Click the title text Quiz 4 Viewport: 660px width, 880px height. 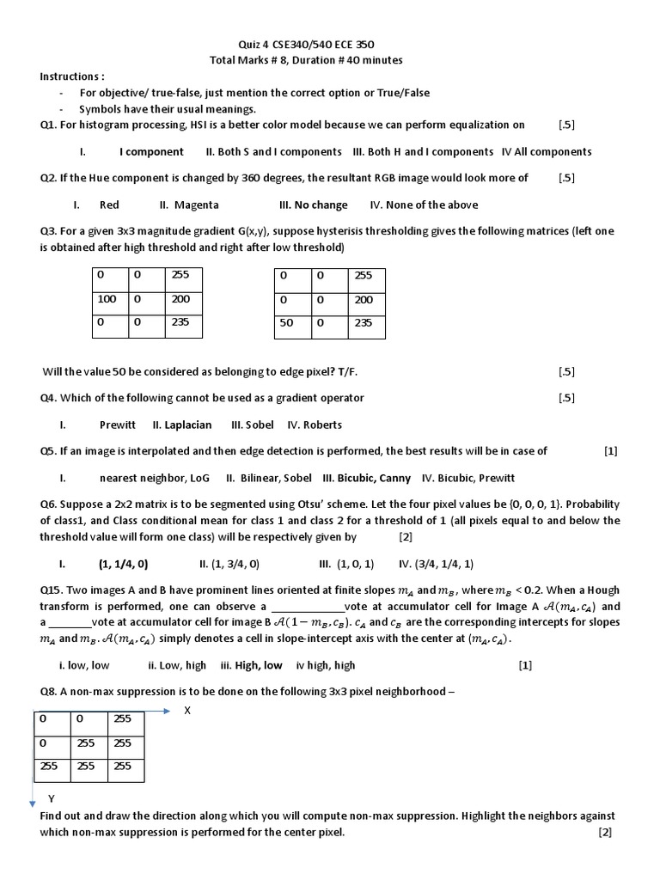[x=254, y=44]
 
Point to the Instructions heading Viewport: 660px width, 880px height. [x=72, y=76]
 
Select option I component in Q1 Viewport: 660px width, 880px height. [x=151, y=151]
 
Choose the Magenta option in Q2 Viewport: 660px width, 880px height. [x=196, y=205]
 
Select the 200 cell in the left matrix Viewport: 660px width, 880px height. [x=182, y=300]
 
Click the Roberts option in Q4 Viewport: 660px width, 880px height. [x=322, y=425]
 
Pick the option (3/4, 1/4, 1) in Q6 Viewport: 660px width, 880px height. [x=444, y=564]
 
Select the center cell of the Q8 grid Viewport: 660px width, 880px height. [x=89, y=742]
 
